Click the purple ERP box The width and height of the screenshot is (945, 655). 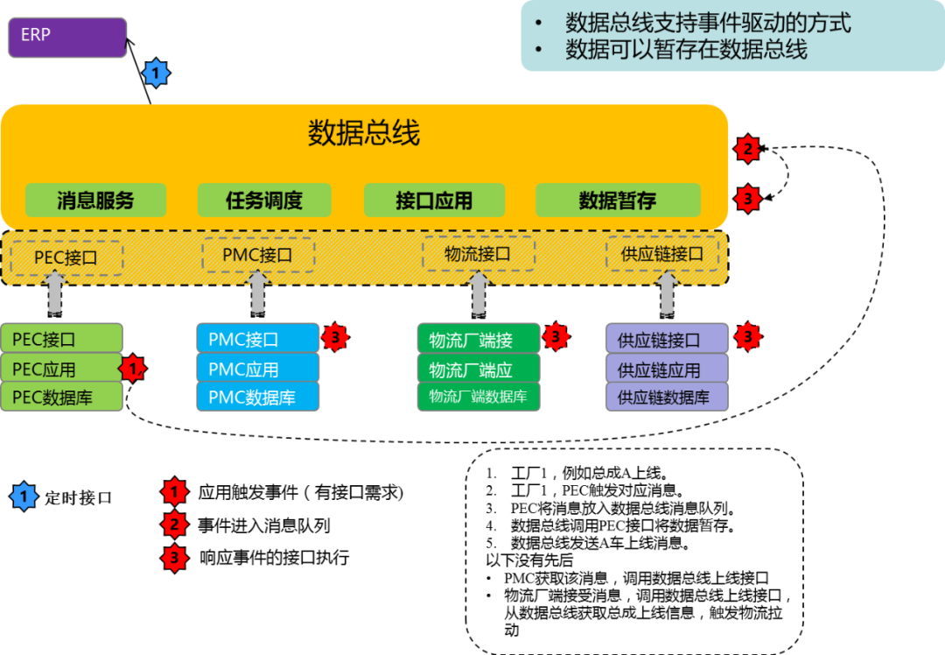[67, 38]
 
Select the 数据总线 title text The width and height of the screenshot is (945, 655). [364, 133]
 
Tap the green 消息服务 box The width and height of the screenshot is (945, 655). [95, 201]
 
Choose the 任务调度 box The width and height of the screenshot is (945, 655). [264, 201]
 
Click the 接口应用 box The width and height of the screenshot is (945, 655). [434, 201]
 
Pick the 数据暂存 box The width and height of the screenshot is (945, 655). [618, 201]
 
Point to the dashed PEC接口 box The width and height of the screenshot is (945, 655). [66, 258]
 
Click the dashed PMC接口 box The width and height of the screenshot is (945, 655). [257, 256]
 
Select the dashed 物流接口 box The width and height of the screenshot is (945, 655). [478, 254]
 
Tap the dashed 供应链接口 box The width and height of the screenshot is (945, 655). [662, 254]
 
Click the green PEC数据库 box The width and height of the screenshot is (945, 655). [61, 398]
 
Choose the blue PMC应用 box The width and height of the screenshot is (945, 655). [257, 369]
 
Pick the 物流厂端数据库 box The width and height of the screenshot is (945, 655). [478, 397]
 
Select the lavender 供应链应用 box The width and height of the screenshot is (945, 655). [666, 369]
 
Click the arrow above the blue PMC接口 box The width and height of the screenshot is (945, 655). [257, 293]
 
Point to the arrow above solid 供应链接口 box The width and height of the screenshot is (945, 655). [667, 293]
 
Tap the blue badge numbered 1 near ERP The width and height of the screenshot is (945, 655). [156, 73]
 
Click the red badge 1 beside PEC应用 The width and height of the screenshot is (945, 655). [132, 369]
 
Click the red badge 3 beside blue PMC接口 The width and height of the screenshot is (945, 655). [335, 336]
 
